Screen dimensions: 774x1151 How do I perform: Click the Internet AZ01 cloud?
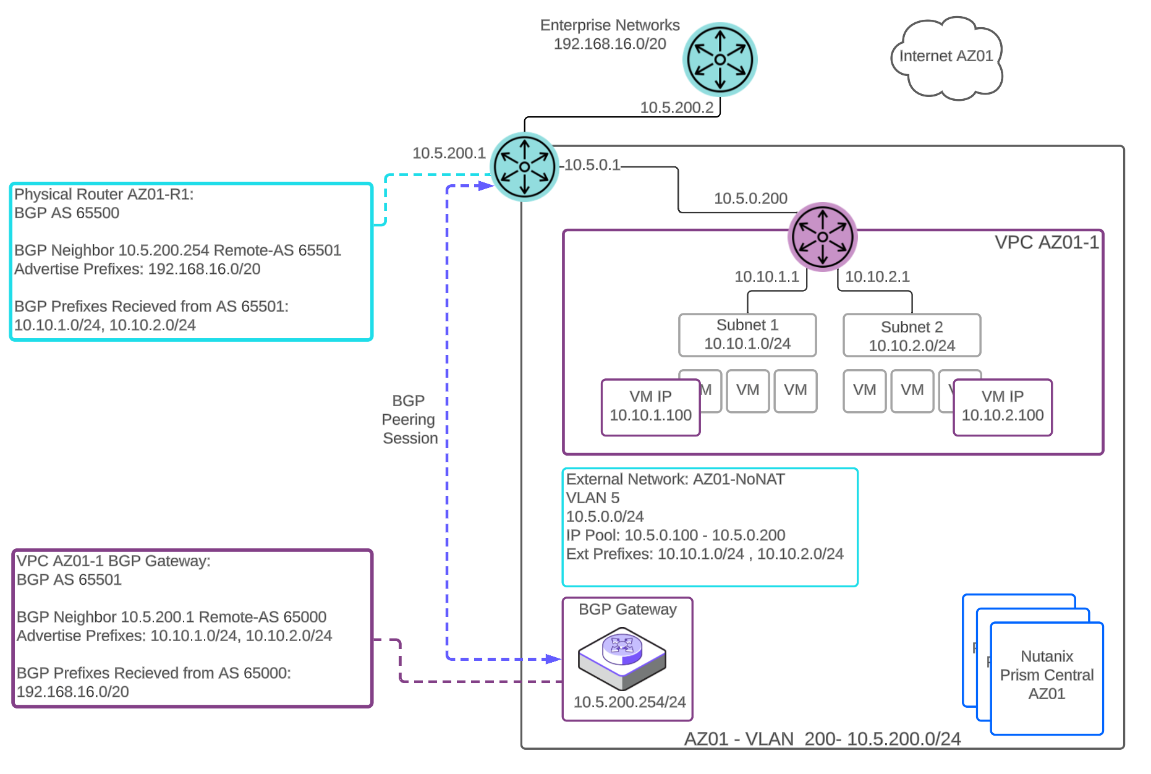coord(946,57)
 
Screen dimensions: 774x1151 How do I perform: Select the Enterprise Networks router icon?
coord(720,59)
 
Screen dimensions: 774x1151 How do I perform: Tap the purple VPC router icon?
coord(822,237)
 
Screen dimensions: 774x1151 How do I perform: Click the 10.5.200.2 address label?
coord(676,108)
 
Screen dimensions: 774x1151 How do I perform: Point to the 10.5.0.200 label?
coord(750,198)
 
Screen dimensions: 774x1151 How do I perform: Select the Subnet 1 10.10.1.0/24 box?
coord(747,334)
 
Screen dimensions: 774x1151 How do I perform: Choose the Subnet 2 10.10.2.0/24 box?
coord(912,336)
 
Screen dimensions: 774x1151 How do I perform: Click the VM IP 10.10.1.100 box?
coord(650,407)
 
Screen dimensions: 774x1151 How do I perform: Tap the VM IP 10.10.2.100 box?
coord(1002,407)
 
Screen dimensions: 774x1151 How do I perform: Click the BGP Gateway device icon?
coord(622,658)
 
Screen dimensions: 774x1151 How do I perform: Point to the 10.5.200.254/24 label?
coord(629,702)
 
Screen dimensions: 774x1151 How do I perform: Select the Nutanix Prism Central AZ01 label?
coord(1047,675)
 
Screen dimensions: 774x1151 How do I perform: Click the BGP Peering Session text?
coord(409,420)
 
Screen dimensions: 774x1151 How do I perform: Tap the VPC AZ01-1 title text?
coord(1046,242)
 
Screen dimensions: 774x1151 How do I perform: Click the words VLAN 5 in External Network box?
coord(592,498)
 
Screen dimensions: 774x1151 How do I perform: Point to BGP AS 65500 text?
coord(67,213)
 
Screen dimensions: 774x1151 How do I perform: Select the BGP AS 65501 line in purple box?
coord(69,580)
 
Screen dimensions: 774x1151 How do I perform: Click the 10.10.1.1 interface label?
coord(767,276)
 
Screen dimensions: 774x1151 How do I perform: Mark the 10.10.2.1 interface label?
coord(877,276)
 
